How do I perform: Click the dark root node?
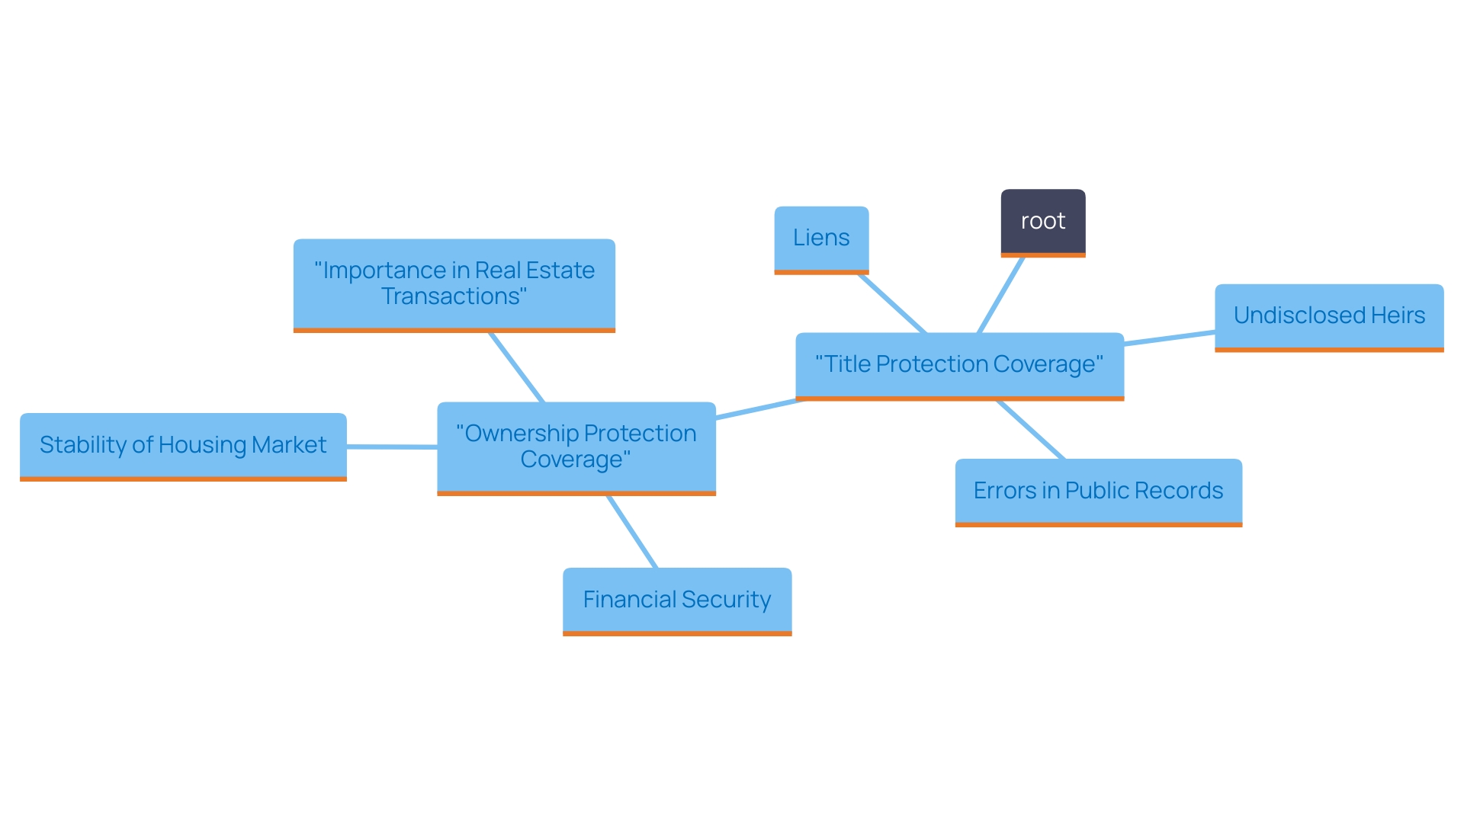[1042, 221]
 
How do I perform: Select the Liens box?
[821, 238]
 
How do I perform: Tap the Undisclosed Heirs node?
[1328, 315]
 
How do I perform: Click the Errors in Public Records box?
[1098, 491]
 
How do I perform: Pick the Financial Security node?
[676, 600]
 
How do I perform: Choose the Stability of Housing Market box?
[183, 445]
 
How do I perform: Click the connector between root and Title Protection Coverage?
[1000, 295]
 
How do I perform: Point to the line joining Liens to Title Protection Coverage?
[892, 303]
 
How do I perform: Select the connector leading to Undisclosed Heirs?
[1169, 338]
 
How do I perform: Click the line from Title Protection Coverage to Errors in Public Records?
[1030, 430]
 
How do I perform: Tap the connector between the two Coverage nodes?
[759, 408]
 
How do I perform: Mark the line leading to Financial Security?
[631, 531]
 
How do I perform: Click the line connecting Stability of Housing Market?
[392, 447]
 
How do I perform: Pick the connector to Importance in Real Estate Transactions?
[516, 367]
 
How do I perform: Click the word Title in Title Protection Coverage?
[847, 364]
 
